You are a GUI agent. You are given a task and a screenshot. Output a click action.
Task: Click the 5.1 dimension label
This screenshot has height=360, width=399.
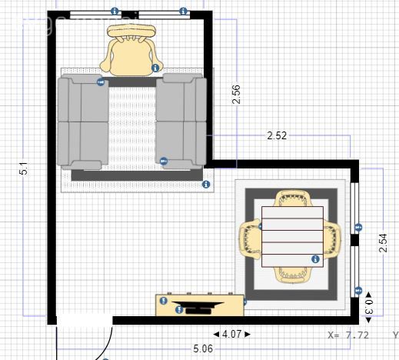(x=24, y=168)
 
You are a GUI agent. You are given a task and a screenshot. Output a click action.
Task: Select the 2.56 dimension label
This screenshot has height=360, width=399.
(x=236, y=94)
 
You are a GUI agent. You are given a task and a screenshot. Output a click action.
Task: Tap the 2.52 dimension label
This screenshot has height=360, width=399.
(x=277, y=135)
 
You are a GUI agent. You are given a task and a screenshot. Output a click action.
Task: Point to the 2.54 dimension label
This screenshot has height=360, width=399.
(x=383, y=243)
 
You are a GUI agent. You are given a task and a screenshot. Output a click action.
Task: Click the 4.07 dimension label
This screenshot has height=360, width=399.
(x=232, y=334)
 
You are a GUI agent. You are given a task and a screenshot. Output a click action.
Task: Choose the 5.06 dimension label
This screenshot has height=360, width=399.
(x=203, y=348)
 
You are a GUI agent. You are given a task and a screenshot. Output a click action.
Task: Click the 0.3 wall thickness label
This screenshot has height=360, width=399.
(x=369, y=307)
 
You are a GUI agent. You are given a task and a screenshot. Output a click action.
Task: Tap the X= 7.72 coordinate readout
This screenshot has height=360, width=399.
(x=348, y=335)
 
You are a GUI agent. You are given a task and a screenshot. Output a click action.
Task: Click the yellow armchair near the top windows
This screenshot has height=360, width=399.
(x=131, y=50)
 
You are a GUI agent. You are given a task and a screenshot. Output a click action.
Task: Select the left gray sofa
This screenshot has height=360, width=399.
(x=83, y=122)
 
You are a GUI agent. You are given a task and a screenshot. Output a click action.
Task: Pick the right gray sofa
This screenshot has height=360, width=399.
(x=181, y=121)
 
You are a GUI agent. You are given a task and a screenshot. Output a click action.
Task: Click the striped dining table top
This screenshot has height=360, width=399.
(x=292, y=237)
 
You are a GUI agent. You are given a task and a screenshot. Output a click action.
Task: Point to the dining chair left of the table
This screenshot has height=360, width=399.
(x=251, y=239)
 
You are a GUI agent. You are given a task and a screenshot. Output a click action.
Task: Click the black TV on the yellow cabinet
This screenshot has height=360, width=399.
(x=198, y=308)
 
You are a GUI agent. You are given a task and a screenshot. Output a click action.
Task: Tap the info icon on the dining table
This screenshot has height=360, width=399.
(x=315, y=259)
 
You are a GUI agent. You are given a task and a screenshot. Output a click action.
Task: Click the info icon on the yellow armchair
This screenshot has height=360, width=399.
(x=155, y=68)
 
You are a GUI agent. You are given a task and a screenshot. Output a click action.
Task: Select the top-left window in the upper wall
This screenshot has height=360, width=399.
(x=95, y=15)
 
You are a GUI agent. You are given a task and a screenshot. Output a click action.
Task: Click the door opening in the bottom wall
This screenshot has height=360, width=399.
(x=85, y=320)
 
